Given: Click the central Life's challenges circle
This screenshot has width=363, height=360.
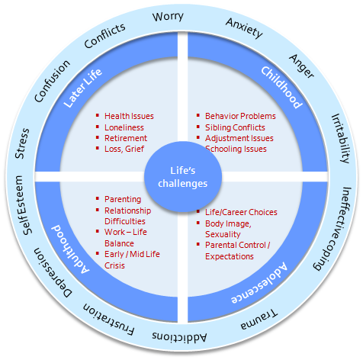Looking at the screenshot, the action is point(183,177).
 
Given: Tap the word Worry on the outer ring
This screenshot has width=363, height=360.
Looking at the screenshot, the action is point(168,17).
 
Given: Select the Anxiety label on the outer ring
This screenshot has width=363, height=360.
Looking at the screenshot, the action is point(244,28).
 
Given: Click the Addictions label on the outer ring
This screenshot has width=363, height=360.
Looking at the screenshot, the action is point(179,337).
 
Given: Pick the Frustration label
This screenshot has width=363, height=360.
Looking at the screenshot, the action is point(109,320).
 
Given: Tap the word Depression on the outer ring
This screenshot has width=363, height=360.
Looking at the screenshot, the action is point(53,272).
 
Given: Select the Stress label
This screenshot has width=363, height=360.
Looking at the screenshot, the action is point(22,143).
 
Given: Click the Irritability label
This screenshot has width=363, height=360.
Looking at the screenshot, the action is point(341,139).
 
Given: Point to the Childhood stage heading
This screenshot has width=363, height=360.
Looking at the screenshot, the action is point(282,87).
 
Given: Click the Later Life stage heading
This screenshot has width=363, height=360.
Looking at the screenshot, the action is point(82,88).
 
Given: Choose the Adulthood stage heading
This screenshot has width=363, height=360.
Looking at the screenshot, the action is point(71,249).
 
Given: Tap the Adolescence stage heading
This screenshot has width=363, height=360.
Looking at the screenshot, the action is point(259,283).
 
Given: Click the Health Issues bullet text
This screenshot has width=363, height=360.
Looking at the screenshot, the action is point(129,116).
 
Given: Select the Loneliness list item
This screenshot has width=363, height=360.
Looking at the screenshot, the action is point(124,127).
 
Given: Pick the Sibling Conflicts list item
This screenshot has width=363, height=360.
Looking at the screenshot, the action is point(235,127).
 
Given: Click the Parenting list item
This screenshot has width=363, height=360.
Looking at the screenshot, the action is point(123,199).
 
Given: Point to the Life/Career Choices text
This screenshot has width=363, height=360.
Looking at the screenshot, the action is point(241,212).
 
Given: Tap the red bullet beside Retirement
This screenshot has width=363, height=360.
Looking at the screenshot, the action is point(98,137).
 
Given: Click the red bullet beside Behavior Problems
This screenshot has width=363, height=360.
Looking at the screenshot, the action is point(198,115).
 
